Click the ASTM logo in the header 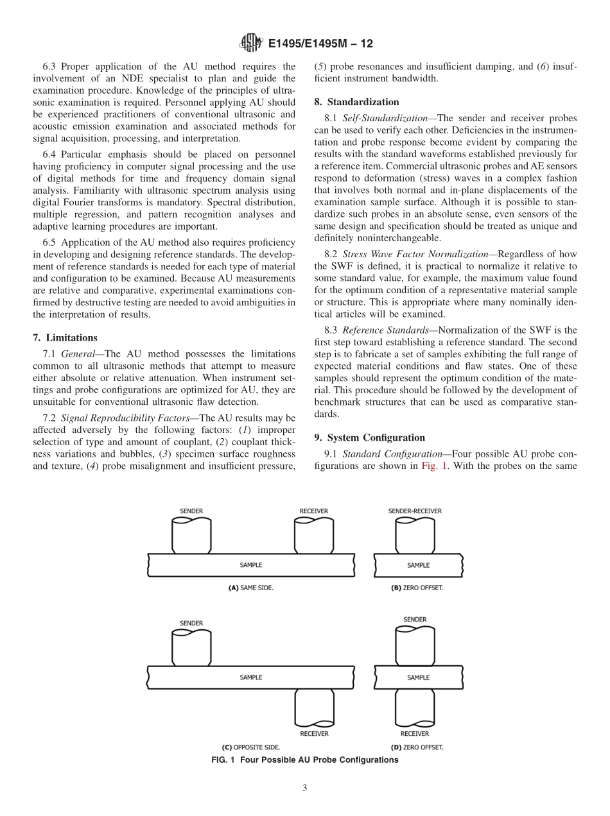pyautogui.click(x=250, y=44)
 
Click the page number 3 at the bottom pyautogui.click(x=305, y=788)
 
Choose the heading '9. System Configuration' pyautogui.click(x=369, y=438)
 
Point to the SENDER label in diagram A pyautogui.click(x=191, y=511)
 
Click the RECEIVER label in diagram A pyautogui.click(x=313, y=511)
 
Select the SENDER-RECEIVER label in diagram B pyautogui.click(x=415, y=511)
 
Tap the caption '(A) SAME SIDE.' pyautogui.click(x=251, y=588)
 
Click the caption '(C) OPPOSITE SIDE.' pyautogui.click(x=251, y=747)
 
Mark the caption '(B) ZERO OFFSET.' pyautogui.click(x=417, y=588)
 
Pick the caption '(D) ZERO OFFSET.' pyautogui.click(x=417, y=747)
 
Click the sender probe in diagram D pyautogui.click(x=415, y=645)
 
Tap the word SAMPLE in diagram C pyautogui.click(x=251, y=677)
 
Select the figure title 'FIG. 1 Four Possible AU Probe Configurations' pyautogui.click(x=305, y=760)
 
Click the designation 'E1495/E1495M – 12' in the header pyautogui.click(x=320, y=44)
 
